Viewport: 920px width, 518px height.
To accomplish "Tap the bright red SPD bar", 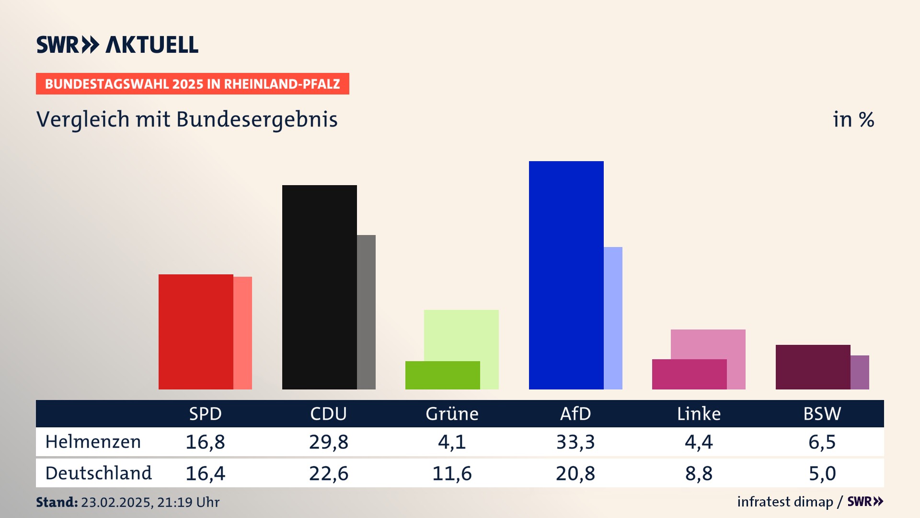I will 195,331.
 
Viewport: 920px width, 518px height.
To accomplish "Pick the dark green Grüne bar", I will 442,375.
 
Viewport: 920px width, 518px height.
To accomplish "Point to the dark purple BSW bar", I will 813,367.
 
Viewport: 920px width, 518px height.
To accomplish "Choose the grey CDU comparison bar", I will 366,312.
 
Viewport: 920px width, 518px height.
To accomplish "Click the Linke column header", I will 699,414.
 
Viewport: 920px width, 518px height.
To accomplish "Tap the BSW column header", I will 822,414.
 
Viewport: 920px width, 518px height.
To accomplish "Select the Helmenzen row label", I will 93,442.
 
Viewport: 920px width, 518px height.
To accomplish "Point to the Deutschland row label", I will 98,473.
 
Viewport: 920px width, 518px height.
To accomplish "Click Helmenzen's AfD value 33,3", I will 575,442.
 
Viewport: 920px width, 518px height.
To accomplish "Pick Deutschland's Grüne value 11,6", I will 452,473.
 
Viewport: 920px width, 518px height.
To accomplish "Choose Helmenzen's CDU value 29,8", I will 328,442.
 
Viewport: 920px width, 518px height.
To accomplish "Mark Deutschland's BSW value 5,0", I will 822,473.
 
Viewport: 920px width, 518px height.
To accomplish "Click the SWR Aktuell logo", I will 117,45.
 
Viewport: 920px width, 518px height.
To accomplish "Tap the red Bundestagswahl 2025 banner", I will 192,84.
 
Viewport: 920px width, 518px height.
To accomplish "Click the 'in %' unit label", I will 853,119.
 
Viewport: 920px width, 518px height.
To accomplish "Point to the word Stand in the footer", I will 57,502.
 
